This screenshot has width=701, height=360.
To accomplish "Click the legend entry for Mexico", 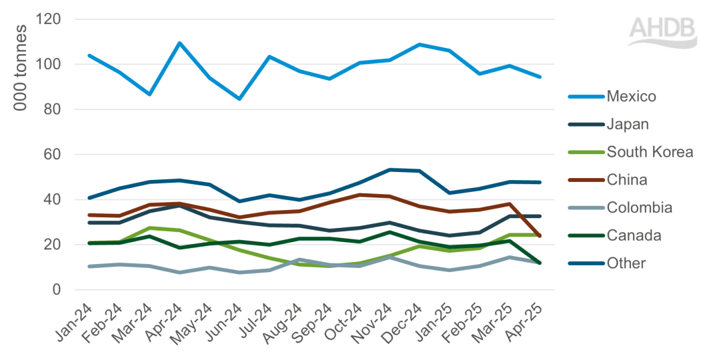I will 631,97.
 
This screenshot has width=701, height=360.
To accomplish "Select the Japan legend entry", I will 626,124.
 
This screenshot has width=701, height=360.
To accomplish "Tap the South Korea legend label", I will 649,152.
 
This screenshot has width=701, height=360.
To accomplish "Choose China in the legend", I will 626,180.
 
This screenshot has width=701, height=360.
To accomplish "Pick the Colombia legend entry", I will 638,208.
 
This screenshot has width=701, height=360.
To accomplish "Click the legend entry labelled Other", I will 626,263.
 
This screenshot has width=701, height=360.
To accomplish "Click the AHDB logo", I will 663,32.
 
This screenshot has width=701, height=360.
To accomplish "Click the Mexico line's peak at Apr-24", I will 179,43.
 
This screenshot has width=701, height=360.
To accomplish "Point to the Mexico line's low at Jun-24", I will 239,99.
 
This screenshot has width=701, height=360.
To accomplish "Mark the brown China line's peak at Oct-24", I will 360,195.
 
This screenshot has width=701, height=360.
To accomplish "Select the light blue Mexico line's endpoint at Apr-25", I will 540,77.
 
